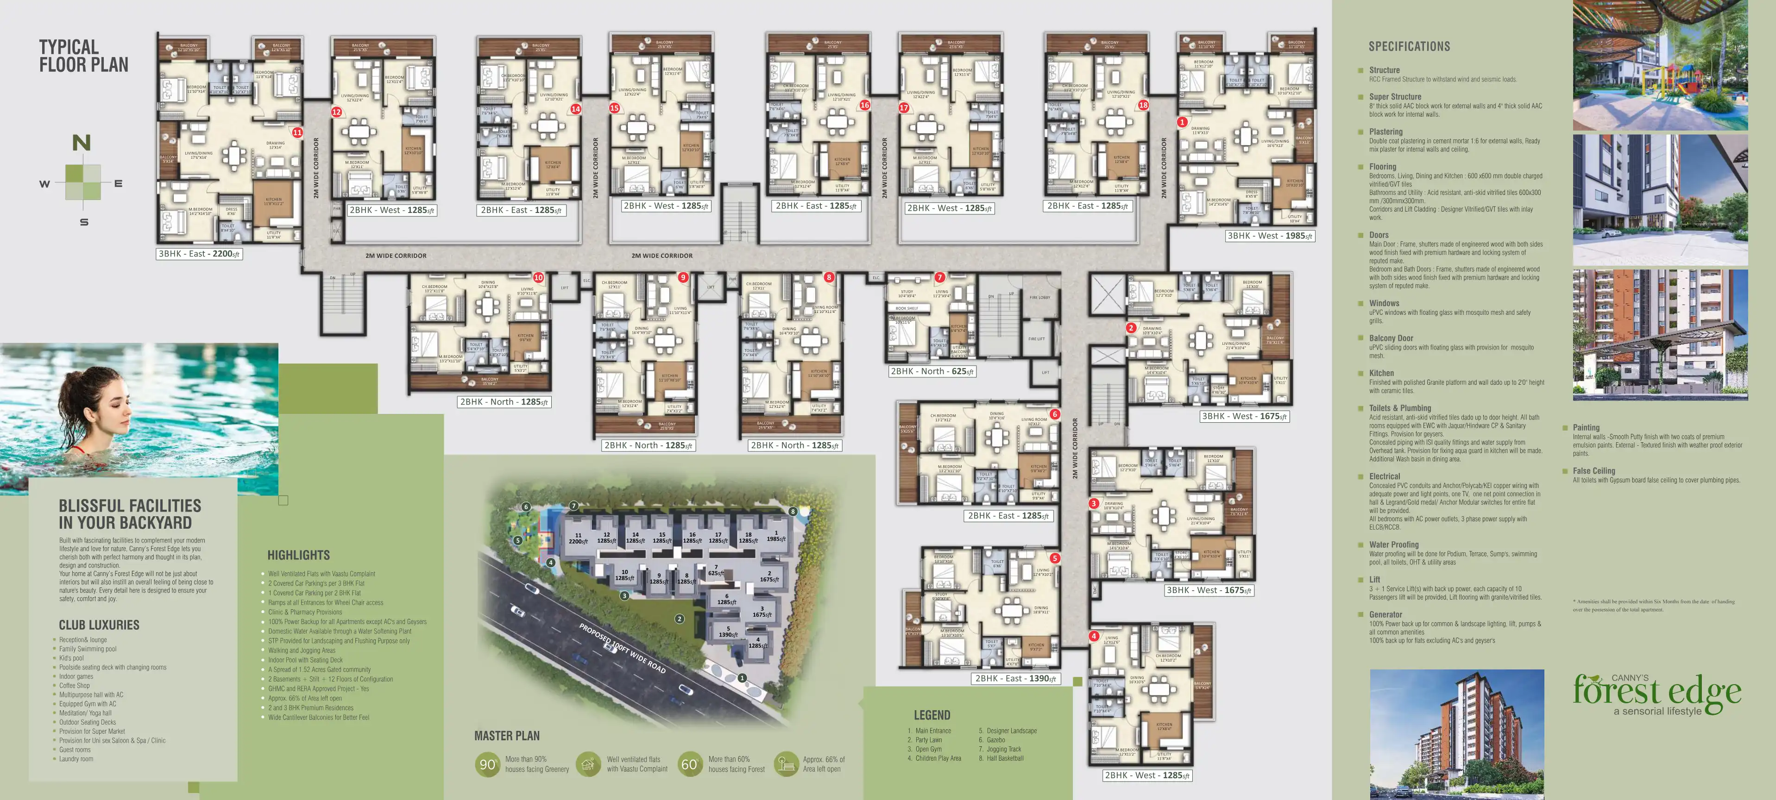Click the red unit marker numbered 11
tap(297, 132)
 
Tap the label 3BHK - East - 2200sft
tap(199, 254)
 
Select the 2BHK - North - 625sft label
tap(932, 371)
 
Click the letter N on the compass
tap(82, 143)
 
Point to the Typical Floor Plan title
tap(83, 56)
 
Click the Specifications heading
tap(1409, 46)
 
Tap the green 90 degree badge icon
tap(487, 764)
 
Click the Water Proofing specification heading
tap(1393, 544)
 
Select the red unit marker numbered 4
tap(1094, 636)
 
